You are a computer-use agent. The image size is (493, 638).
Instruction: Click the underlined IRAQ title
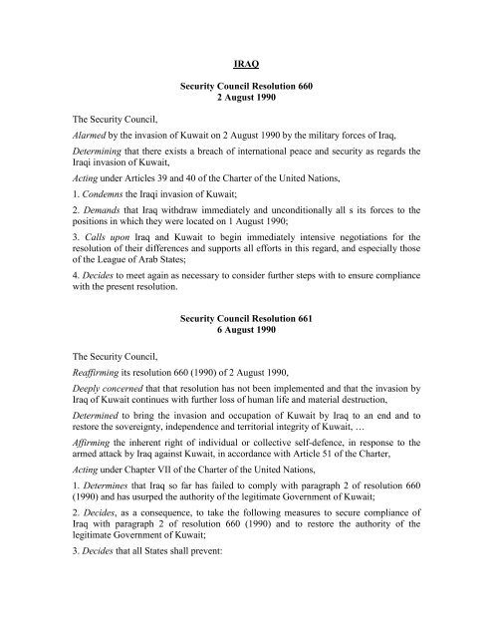click(245, 69)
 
